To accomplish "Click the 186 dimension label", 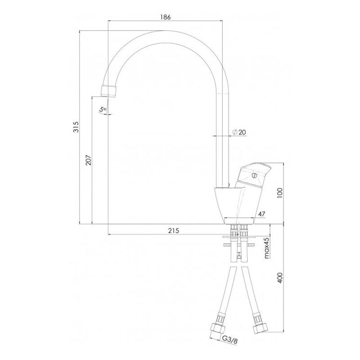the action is pos(165,17).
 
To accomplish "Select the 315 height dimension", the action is pos(76,127).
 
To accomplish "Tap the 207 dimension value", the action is pos(88,160).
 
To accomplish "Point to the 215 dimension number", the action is pos(173,230).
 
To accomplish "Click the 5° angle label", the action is pos(103,109).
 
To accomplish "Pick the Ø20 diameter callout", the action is pos(239,132).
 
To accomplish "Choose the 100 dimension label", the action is pos(280,193).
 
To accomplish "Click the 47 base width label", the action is pos(262,214).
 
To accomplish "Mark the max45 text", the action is pos(266,248).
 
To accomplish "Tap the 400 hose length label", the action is pos(280,278).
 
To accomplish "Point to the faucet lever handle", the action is pos(254,175).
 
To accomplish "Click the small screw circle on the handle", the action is pos(254,176).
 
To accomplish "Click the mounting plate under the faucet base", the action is pos(239,237).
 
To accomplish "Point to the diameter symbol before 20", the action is pos(235,132).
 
